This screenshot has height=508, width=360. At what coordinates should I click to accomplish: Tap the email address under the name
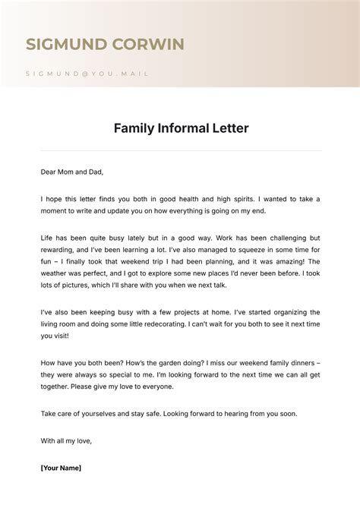point(87,74)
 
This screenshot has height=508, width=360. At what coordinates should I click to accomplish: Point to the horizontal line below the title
point(180,150)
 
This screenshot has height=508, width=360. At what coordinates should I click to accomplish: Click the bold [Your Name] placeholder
point(61,468)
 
